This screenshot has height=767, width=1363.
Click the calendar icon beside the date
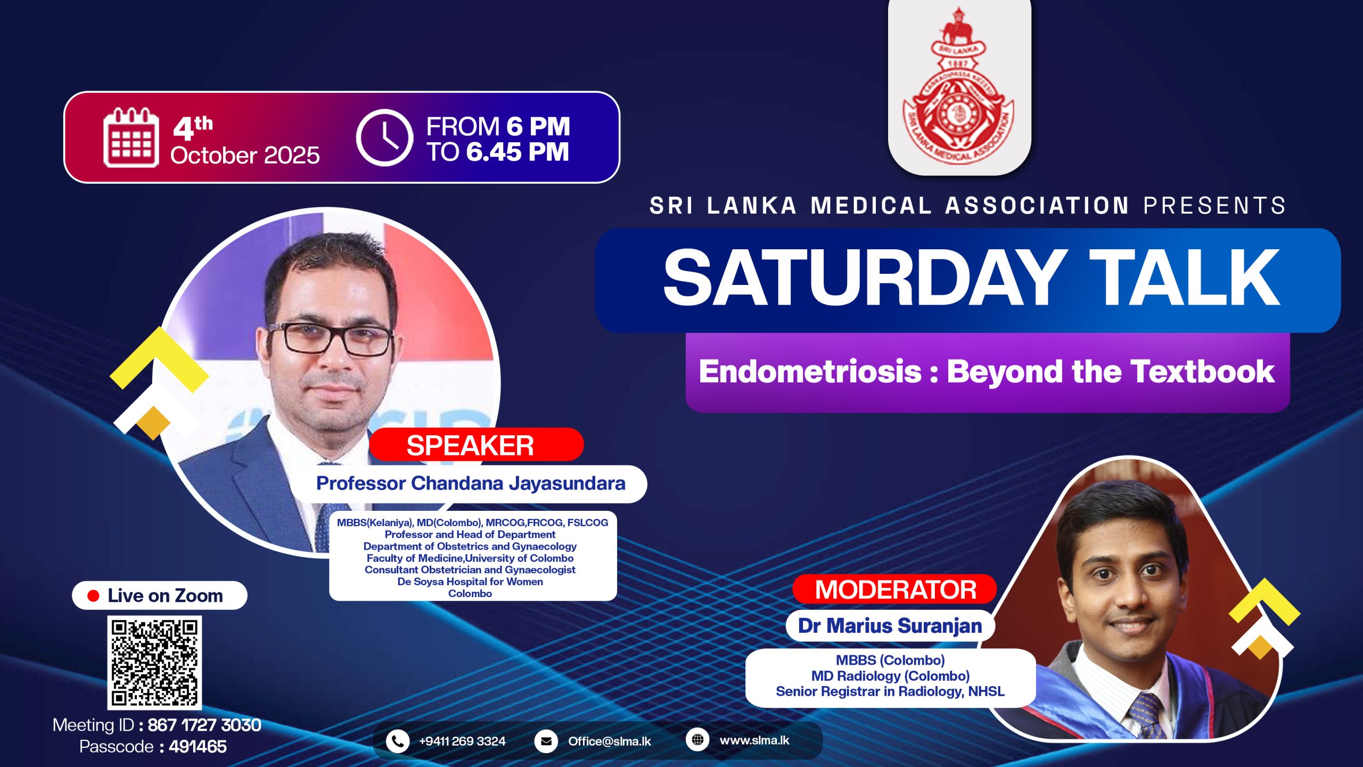[131, 138]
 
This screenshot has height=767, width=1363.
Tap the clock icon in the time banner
[384, 138]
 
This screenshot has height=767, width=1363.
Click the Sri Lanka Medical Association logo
[959, 85]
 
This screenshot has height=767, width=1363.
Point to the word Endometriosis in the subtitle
[810, 371]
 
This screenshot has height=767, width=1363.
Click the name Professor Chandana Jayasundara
[471, 483]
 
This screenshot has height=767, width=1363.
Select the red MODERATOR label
[895, 590]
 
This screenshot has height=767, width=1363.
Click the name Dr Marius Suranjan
[890, 626]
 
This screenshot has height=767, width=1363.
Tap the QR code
[154, 663]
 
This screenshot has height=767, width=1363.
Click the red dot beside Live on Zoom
[94, 595]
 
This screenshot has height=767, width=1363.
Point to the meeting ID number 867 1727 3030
[204, 725]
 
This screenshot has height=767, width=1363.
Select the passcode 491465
[198, 747]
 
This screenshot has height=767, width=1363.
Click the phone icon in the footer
[397, 741]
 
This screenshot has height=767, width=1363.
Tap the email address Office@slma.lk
[609, 741]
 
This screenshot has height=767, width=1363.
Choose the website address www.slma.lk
[754, 740]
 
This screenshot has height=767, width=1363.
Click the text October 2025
[245, 156]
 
